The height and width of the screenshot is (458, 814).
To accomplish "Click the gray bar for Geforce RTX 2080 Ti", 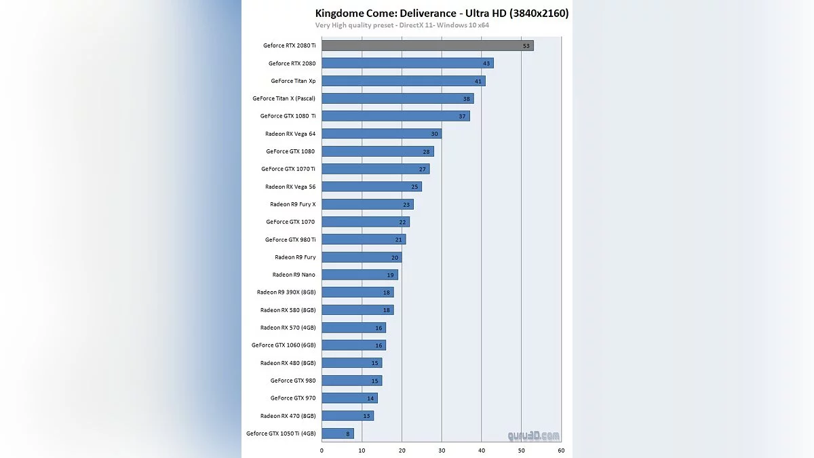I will (427, 45).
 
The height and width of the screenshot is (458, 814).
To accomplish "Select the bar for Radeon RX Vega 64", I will (381, 134).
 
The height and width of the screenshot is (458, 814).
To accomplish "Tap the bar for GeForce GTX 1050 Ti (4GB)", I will (337, 433).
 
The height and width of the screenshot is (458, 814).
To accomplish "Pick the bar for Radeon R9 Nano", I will (360, 275).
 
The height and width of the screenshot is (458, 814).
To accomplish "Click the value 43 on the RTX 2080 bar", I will (486, 63).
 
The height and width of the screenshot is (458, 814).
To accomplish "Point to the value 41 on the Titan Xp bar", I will (478, 81).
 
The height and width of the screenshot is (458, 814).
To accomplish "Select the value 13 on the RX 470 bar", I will (366, 416).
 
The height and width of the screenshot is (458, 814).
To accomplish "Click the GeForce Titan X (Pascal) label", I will (284, 98).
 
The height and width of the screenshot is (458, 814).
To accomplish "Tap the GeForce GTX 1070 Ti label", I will (288, 169).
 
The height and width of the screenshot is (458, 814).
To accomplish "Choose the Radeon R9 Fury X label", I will (292, 204).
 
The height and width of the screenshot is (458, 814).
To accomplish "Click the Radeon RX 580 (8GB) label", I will (288, 310).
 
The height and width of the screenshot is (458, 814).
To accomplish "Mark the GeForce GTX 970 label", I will (292, 398).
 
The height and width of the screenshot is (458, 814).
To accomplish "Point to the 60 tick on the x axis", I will (561, 450).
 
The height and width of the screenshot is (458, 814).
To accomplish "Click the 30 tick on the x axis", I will (442, 450).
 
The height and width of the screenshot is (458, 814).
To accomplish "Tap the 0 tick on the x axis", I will (322, 450).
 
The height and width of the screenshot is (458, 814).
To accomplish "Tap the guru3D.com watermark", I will (535, 436).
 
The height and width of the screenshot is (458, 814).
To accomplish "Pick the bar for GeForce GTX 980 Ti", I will (364, 240).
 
